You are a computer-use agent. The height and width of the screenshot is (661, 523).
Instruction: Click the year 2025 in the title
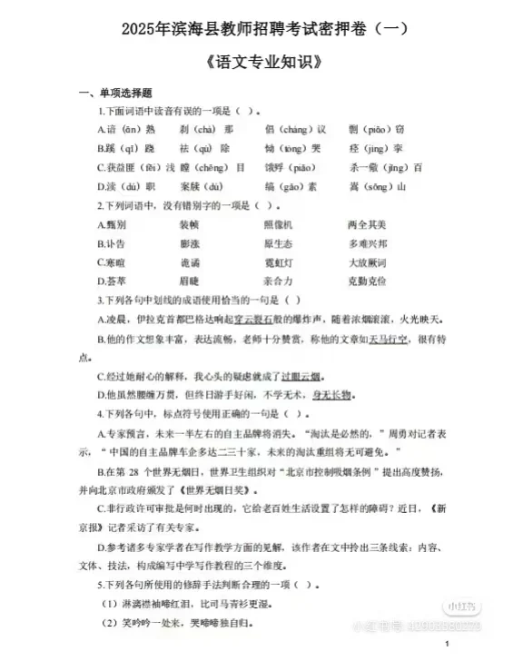tap(138, 29)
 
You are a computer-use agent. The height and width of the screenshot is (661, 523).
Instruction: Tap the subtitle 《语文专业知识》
tap(262, 64)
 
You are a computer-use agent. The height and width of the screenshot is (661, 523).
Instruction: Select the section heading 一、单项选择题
tap(115, 94)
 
